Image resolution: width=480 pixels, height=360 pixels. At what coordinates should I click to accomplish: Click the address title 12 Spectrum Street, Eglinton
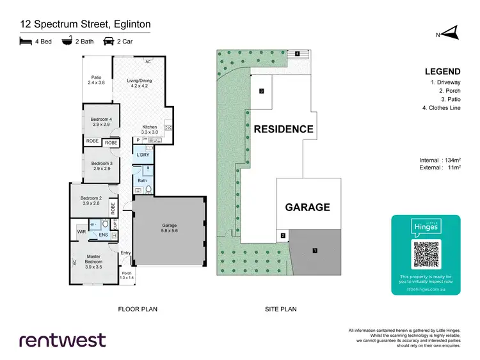(85, 24)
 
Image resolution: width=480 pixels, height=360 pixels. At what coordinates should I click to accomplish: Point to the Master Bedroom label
(94, 260)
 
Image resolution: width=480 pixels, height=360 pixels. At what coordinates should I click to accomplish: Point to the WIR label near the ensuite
(81, 231)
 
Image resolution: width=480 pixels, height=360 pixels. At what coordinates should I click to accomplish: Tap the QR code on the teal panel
(426, 254)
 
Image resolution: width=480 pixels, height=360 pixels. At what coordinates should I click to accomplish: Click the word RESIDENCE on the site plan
(284, 129)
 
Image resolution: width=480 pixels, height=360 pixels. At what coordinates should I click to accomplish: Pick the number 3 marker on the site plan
(262, 91)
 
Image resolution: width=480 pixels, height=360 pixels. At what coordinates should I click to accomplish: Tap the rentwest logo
(62, 340)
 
